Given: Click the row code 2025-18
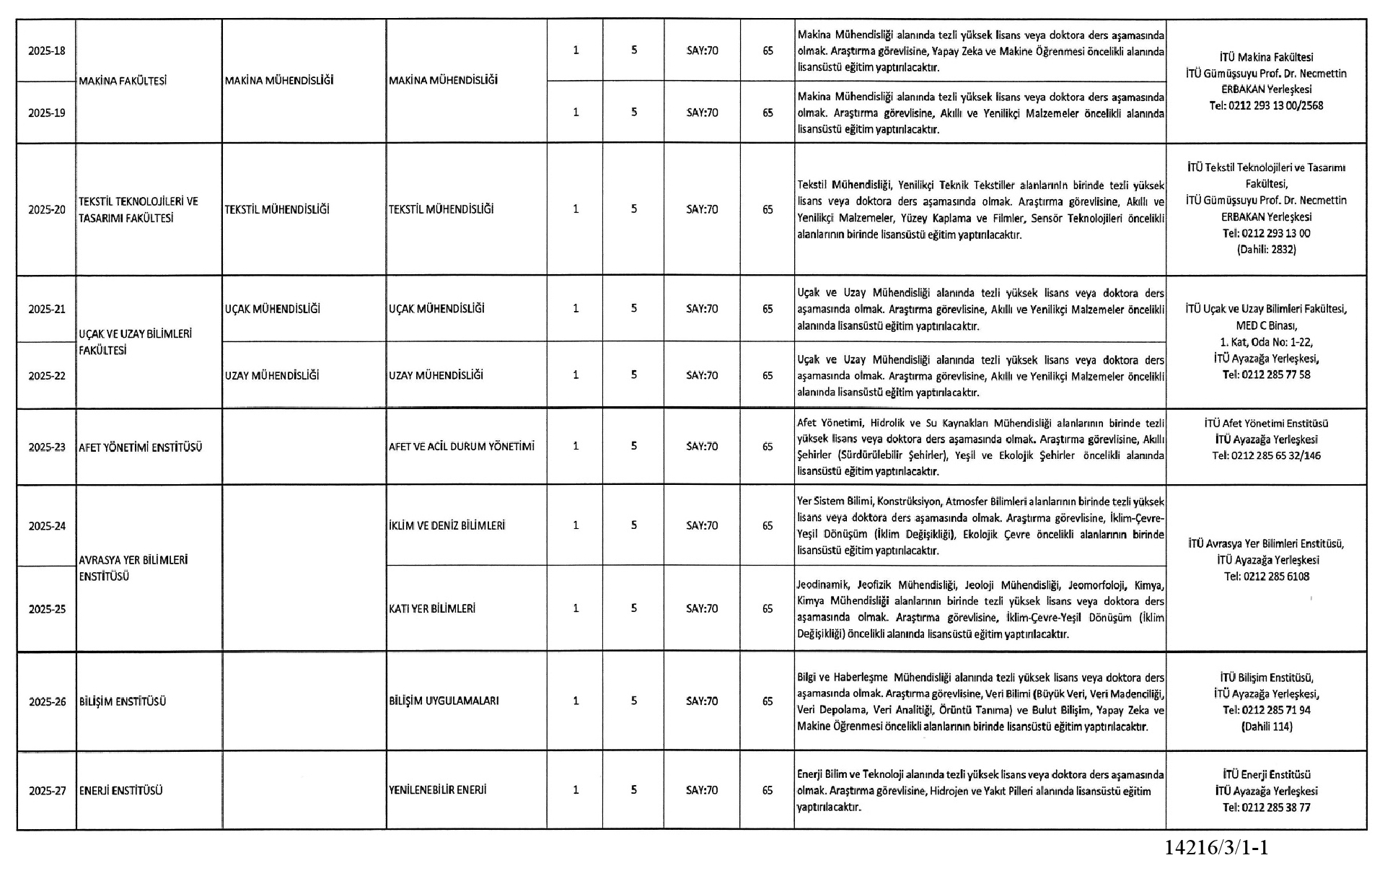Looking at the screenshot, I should (47, 51).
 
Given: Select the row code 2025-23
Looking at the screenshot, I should (47, 447).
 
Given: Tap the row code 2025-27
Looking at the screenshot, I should (47, 791).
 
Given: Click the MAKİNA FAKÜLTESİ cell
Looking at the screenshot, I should (123, 81).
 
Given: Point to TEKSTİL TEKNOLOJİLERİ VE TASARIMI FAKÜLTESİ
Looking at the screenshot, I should (138, 209).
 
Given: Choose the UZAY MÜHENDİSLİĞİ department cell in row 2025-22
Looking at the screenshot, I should (272, 375).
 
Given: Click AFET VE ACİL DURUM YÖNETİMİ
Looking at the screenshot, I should (462, 447).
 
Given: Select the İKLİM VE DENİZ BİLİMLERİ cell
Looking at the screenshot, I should (447, 525).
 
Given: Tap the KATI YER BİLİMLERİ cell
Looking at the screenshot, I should (432, 609).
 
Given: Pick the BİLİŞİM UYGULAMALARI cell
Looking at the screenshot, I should (444, 701).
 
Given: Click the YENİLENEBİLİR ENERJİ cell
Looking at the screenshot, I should (438, 790).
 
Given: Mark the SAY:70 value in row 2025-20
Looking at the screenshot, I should (702, 209).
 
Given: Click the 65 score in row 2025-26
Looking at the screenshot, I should (768, 701).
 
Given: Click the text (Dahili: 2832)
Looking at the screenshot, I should (1266, 250).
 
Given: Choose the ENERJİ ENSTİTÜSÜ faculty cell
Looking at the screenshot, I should (121, 791).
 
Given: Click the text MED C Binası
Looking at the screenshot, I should (1266, 325).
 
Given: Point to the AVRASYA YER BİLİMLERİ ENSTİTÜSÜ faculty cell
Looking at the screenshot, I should (133, 568).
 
